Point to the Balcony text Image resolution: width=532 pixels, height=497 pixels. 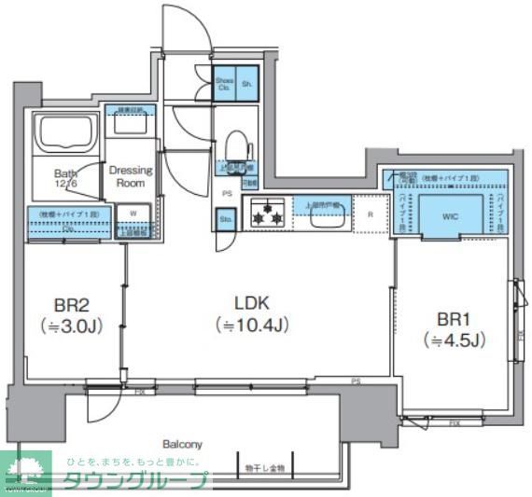182,445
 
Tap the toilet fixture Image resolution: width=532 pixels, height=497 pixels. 237,146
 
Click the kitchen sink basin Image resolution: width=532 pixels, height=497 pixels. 328,216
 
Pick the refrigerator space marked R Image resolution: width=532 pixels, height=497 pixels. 371,214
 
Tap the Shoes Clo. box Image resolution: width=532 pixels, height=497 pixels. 224,84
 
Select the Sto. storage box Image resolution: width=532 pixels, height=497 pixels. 225,220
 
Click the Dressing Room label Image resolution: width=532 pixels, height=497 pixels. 131,176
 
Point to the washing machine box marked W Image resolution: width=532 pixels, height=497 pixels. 133,214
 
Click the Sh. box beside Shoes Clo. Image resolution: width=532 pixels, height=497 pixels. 247,84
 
